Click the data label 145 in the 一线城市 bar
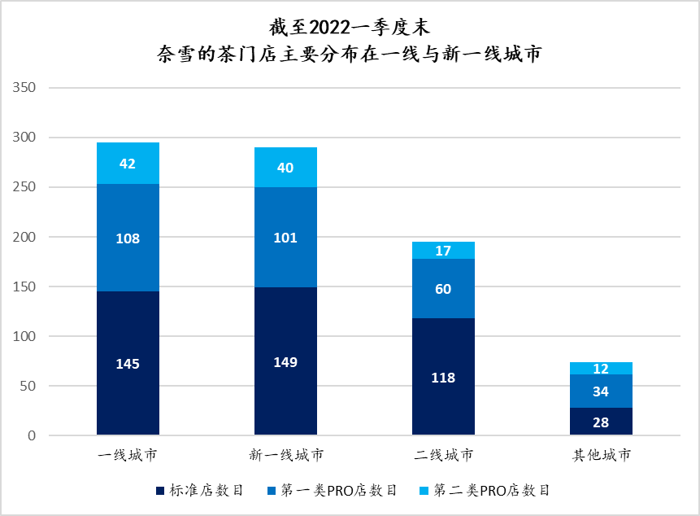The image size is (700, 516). (128, 364)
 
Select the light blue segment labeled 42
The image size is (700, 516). (128, 164)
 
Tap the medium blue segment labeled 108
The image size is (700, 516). (128, 238)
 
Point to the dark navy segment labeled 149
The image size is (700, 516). (285, 361)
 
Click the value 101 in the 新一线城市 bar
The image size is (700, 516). (285, 238)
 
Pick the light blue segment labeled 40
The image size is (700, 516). (285, 168)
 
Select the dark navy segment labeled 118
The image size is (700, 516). (443, 378)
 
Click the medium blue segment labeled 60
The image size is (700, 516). (443, 289)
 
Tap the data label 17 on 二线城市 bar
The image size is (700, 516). (443, 251)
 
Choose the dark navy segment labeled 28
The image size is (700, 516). (601, 422)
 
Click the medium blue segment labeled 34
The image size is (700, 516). (601, 391)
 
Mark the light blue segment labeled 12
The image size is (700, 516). (601, 369)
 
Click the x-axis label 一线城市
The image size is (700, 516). (128, 455)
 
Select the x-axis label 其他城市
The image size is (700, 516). (601, 455)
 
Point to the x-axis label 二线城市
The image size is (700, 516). (443, 455)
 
